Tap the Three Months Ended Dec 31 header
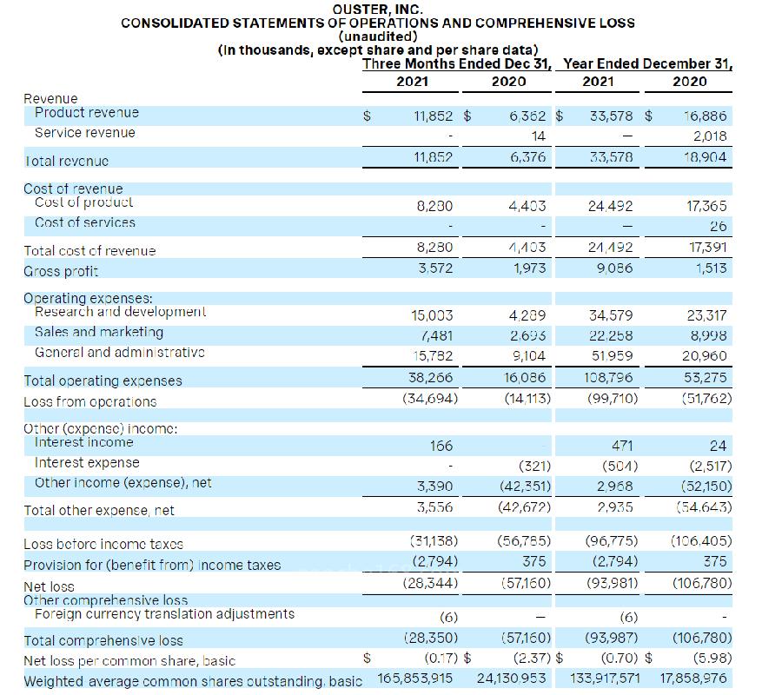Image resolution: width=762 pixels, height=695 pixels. [459, 63]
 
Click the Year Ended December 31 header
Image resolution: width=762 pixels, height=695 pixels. [647, 63]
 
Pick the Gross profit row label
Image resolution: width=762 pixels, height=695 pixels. [55, 271]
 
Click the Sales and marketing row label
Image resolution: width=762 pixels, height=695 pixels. [99, 332]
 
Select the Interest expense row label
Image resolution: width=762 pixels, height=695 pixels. [87, 463]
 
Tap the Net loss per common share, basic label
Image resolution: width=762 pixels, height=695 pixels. [129, 661]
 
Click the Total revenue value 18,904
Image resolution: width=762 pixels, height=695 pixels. [706, 158]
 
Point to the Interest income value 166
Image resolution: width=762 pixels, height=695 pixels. [441, 446]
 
